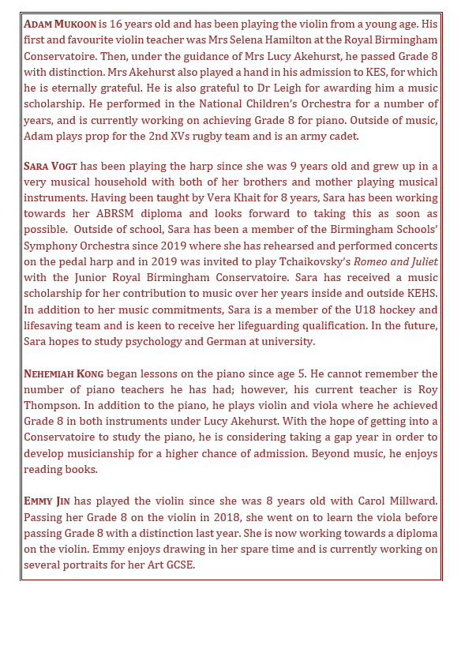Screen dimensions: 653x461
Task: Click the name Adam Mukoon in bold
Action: (x=61, y=23)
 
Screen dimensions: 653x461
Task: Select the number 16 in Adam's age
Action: (x=119, y=23)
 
